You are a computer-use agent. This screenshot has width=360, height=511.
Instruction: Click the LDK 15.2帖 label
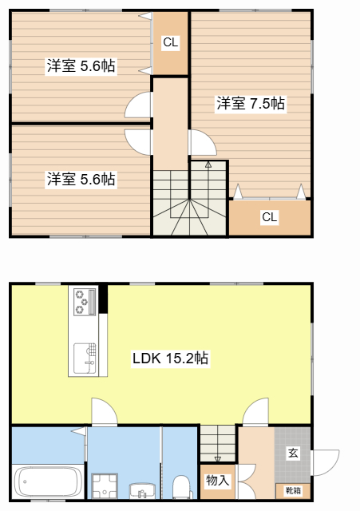170,358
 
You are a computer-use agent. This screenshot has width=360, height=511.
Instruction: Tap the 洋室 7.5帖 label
251,104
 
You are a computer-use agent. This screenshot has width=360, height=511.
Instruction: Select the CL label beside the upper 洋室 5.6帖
171,42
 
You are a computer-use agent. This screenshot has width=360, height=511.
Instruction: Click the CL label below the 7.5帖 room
270,217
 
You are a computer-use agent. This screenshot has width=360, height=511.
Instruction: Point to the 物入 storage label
217,480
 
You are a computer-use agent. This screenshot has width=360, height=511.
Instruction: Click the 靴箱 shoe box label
293,490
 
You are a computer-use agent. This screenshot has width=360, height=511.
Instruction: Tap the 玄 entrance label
293,453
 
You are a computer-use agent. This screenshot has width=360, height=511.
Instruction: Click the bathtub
48,481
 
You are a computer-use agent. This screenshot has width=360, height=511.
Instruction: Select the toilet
181,487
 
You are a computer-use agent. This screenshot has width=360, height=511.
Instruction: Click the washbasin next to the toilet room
142,491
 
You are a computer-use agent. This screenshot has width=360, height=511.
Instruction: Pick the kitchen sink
85,358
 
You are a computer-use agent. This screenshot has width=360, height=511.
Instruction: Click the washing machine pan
105,485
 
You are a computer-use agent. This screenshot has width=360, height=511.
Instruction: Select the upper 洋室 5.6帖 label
81,65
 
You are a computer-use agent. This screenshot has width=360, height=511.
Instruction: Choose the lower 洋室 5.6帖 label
81,179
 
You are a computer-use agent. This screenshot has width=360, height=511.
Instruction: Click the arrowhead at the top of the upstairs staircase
208,164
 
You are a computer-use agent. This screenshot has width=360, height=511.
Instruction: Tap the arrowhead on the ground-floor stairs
218,459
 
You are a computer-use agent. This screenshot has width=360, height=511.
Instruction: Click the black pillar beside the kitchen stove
103,299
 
